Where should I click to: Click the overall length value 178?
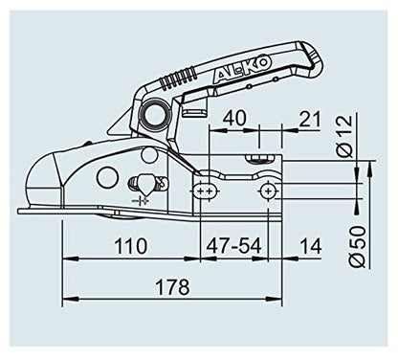173,286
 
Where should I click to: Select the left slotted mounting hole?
203,192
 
